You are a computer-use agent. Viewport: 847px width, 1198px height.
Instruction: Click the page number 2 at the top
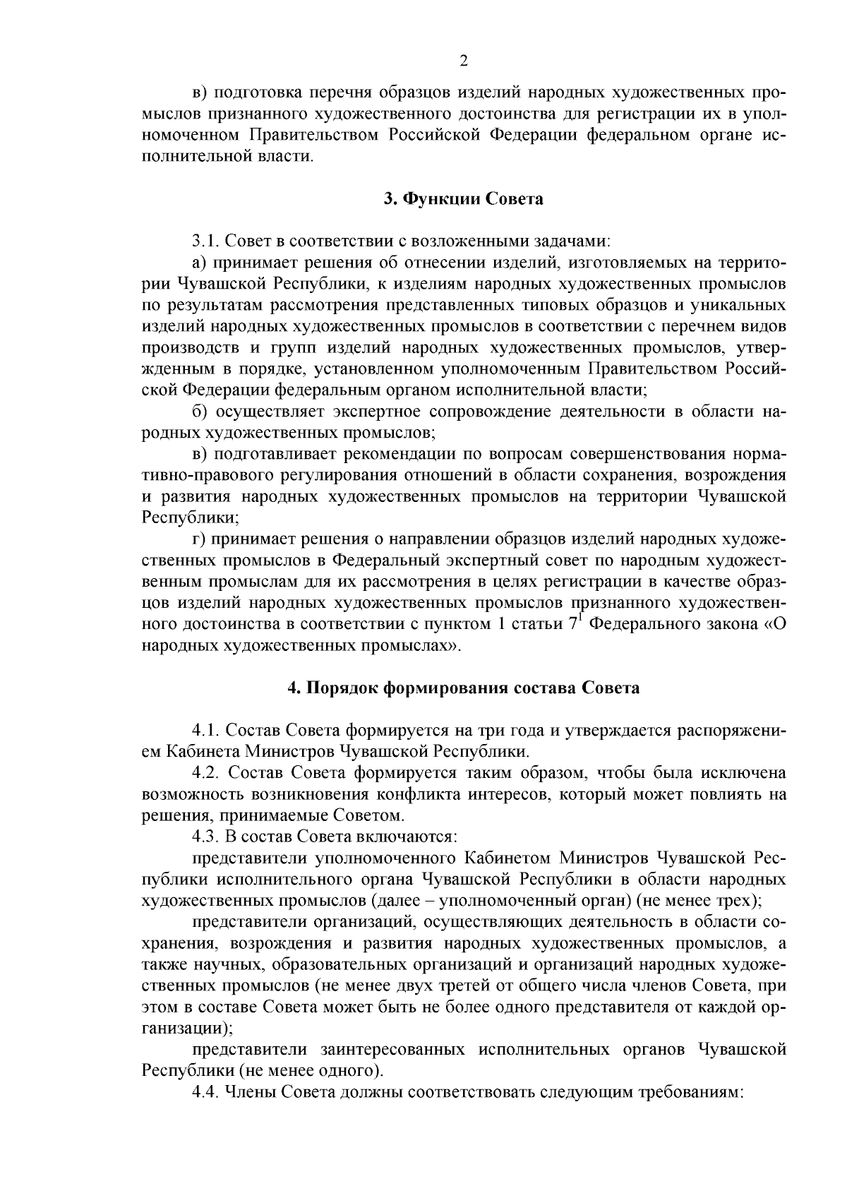pyautogui.click(x=464, y=61)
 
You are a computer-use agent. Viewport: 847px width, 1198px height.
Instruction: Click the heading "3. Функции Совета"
pyautogui.click(x=463, y=199)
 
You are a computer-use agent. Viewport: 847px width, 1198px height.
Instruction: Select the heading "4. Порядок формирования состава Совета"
pyautogui.click(x=463, y=688)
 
